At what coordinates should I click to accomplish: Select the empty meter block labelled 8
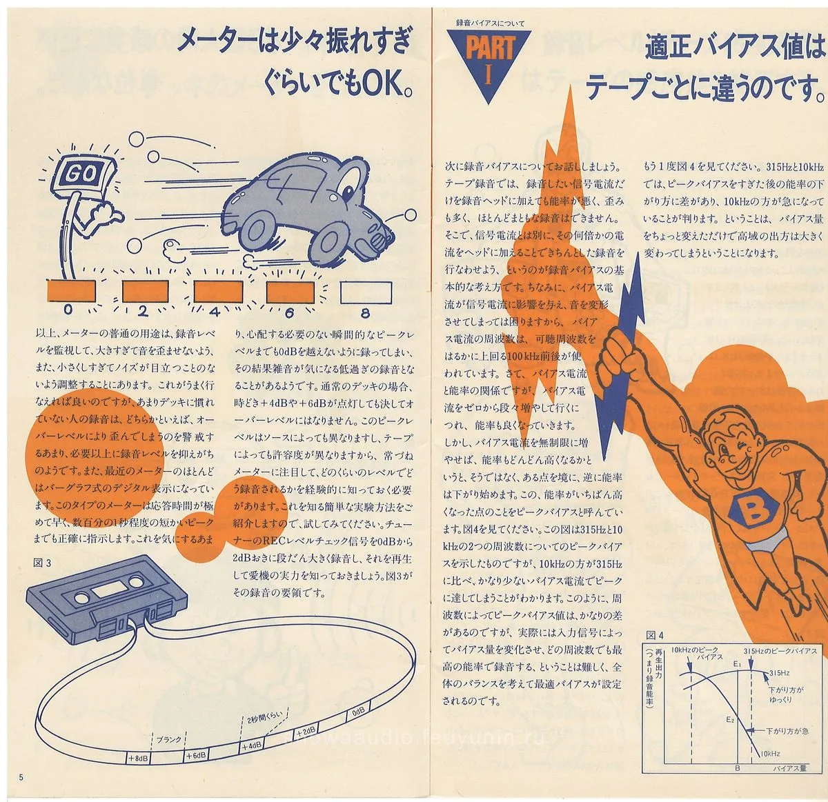point(362,292)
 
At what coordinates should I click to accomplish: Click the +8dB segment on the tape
point(139,758)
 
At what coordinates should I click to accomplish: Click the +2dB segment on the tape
point(305,731)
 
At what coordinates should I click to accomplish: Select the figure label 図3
point(43,563)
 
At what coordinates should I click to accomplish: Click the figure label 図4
point(655,635)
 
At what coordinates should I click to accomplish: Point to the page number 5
point(21,777)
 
